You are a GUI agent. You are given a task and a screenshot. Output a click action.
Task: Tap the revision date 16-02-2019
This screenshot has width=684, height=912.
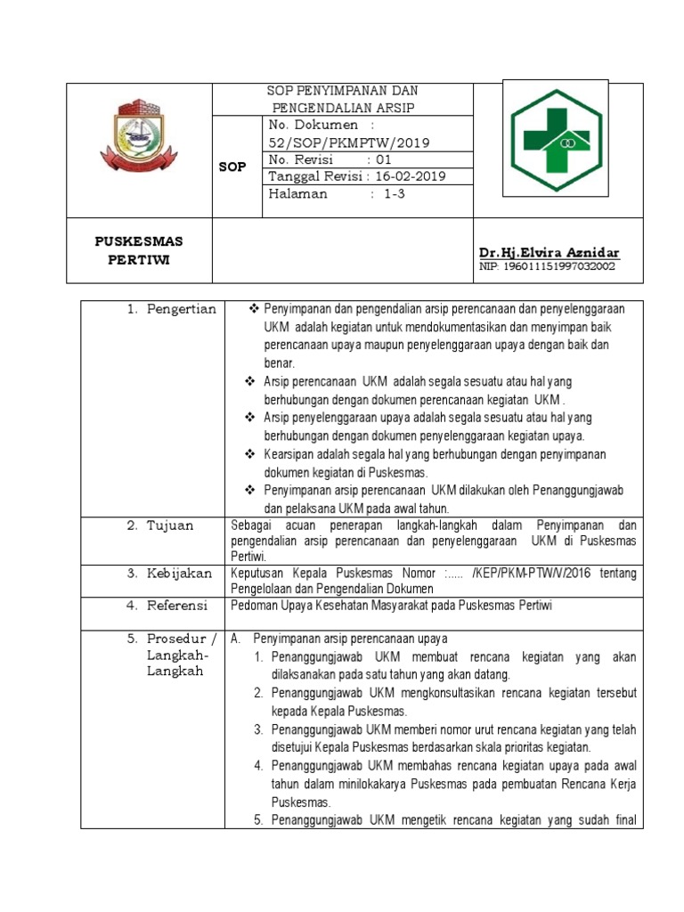411,176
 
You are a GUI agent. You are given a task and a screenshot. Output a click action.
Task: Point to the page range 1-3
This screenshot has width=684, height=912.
395,194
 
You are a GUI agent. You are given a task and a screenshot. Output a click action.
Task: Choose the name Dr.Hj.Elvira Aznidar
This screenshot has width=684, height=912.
549,253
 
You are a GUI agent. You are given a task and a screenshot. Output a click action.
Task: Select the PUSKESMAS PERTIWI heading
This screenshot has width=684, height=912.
140,250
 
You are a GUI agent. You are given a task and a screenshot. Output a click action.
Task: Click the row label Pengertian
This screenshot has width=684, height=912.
183,309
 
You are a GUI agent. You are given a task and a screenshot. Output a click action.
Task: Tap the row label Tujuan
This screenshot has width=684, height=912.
170,525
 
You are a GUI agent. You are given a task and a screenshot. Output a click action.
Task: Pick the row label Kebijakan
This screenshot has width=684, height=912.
180,574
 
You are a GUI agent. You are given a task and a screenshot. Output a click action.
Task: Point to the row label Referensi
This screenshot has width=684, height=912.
177,606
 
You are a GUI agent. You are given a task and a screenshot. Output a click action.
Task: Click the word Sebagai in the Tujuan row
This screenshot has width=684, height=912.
251,525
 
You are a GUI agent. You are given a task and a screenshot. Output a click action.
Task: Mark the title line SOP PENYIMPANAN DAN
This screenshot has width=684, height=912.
344,92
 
